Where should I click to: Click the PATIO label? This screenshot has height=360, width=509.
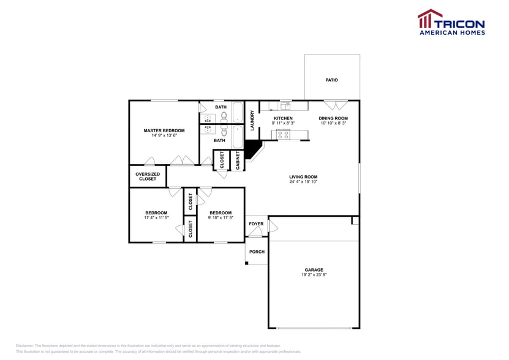click(x=331, y=80)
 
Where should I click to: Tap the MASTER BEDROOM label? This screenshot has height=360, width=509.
click(x=164, y=130)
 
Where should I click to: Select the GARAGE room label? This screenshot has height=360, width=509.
click(x=314, y=270)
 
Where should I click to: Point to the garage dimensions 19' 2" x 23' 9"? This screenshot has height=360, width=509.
click(x=314, y=276)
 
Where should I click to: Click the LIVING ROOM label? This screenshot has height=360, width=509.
click(x=303, y=177)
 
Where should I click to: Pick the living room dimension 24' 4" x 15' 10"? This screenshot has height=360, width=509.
click(x=303, y=182)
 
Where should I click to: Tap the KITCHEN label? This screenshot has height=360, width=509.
click(x=283, y=118)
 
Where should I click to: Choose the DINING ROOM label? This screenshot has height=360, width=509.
click(x=334, y=118)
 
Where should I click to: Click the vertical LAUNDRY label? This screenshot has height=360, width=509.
click(x=252, y=120)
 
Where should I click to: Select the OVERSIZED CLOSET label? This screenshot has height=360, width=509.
click(x=148, y=176)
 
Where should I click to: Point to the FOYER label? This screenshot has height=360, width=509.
click(x=256, y=224)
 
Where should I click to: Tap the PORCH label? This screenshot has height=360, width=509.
click(x=257, y=252)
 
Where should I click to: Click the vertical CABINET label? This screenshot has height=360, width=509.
click(x=238, y=159)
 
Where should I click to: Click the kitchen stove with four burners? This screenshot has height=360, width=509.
click(x=284, y=135)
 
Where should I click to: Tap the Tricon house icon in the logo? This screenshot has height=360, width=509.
click(x=430, y=19)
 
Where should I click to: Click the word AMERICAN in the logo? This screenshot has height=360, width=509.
click(x=440, y=32)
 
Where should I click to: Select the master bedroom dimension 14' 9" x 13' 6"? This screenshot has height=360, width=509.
click(x=164, y=136)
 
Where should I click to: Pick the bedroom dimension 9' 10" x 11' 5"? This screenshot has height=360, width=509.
click(x=221, y=218)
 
